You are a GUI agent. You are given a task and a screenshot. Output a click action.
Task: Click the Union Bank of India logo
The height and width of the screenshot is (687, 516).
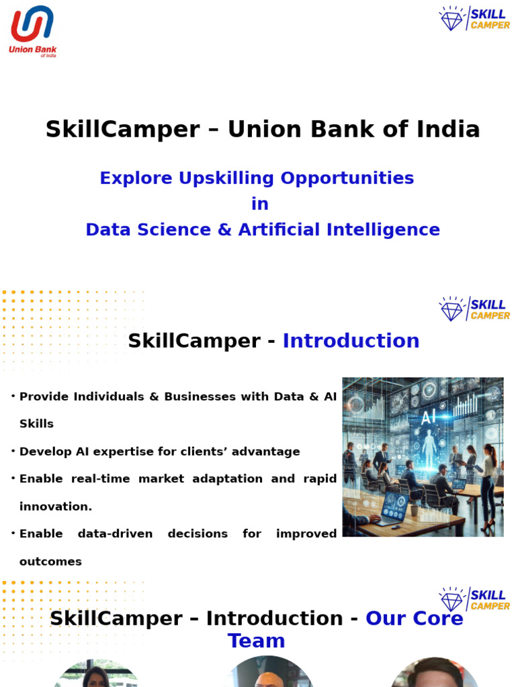[x=32, y=30]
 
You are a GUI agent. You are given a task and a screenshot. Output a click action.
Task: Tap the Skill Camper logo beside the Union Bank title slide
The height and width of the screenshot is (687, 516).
[x=474, y=19]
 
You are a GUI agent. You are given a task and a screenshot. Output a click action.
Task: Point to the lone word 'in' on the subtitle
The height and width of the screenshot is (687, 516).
[x=259, y=204]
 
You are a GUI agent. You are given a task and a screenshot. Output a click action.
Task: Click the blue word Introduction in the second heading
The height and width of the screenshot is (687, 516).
[x=351, y=341]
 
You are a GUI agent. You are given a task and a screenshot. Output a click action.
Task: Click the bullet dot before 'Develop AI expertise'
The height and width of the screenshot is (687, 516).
[x=13, y=452]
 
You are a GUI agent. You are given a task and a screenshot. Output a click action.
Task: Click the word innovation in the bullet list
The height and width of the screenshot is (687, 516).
[x=55, y=507]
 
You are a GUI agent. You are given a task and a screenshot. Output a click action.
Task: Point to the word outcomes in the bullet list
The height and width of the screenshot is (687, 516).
[x=50, y=562]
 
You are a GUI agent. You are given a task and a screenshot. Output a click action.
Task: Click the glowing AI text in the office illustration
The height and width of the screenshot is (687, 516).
[x=428, y=417]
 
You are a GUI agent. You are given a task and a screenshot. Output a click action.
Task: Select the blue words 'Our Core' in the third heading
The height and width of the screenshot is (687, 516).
[x=414, y=619]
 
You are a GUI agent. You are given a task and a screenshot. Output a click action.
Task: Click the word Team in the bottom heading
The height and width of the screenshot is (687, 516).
[x=256, y=641]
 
